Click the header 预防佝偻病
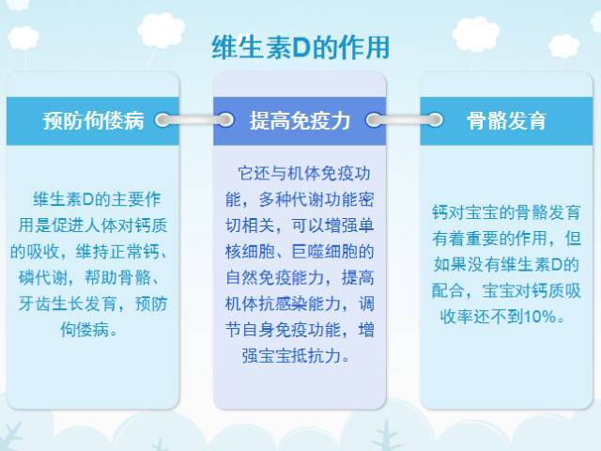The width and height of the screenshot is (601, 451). tap(92, 121)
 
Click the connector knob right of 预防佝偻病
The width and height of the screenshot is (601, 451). tap(164, 120)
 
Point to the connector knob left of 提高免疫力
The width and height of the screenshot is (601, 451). tap(225, 120)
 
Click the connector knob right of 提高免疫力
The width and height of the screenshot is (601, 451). tap(374, 120)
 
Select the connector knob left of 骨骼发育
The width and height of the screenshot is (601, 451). tap(434, 120)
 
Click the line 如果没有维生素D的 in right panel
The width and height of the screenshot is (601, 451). tap(506, 263)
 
